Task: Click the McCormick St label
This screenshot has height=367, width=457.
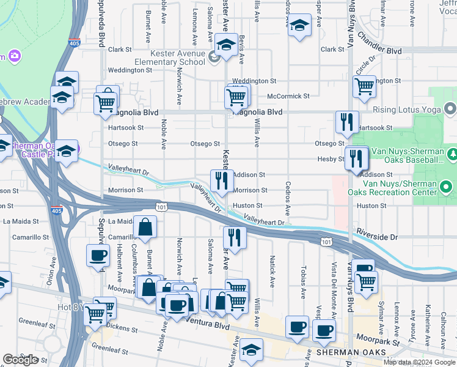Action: [x=288, y=96]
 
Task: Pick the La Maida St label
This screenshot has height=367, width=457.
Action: [x=21, y=221]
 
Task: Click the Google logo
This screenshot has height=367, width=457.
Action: [x=21, y=360]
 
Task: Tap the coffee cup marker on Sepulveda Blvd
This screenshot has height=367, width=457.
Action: [x=99, y=255]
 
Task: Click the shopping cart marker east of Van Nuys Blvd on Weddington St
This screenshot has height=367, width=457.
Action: [x=365, y=87]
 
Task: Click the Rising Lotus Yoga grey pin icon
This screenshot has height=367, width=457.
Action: [x=451, y=110]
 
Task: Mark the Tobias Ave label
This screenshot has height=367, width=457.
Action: [x=302, y=282]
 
